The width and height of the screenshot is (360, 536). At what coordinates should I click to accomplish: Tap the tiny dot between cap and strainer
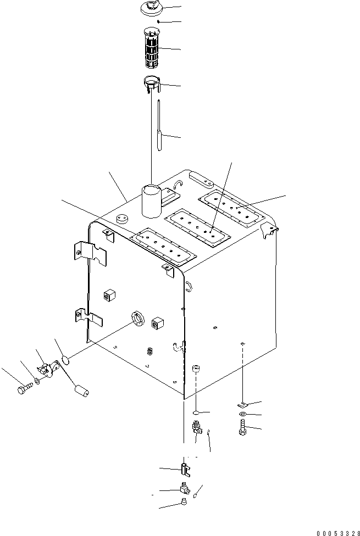point(158,21)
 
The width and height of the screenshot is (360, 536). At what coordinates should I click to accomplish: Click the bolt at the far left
point(23,391)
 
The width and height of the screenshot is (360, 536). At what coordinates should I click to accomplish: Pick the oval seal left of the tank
point(65,360)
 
